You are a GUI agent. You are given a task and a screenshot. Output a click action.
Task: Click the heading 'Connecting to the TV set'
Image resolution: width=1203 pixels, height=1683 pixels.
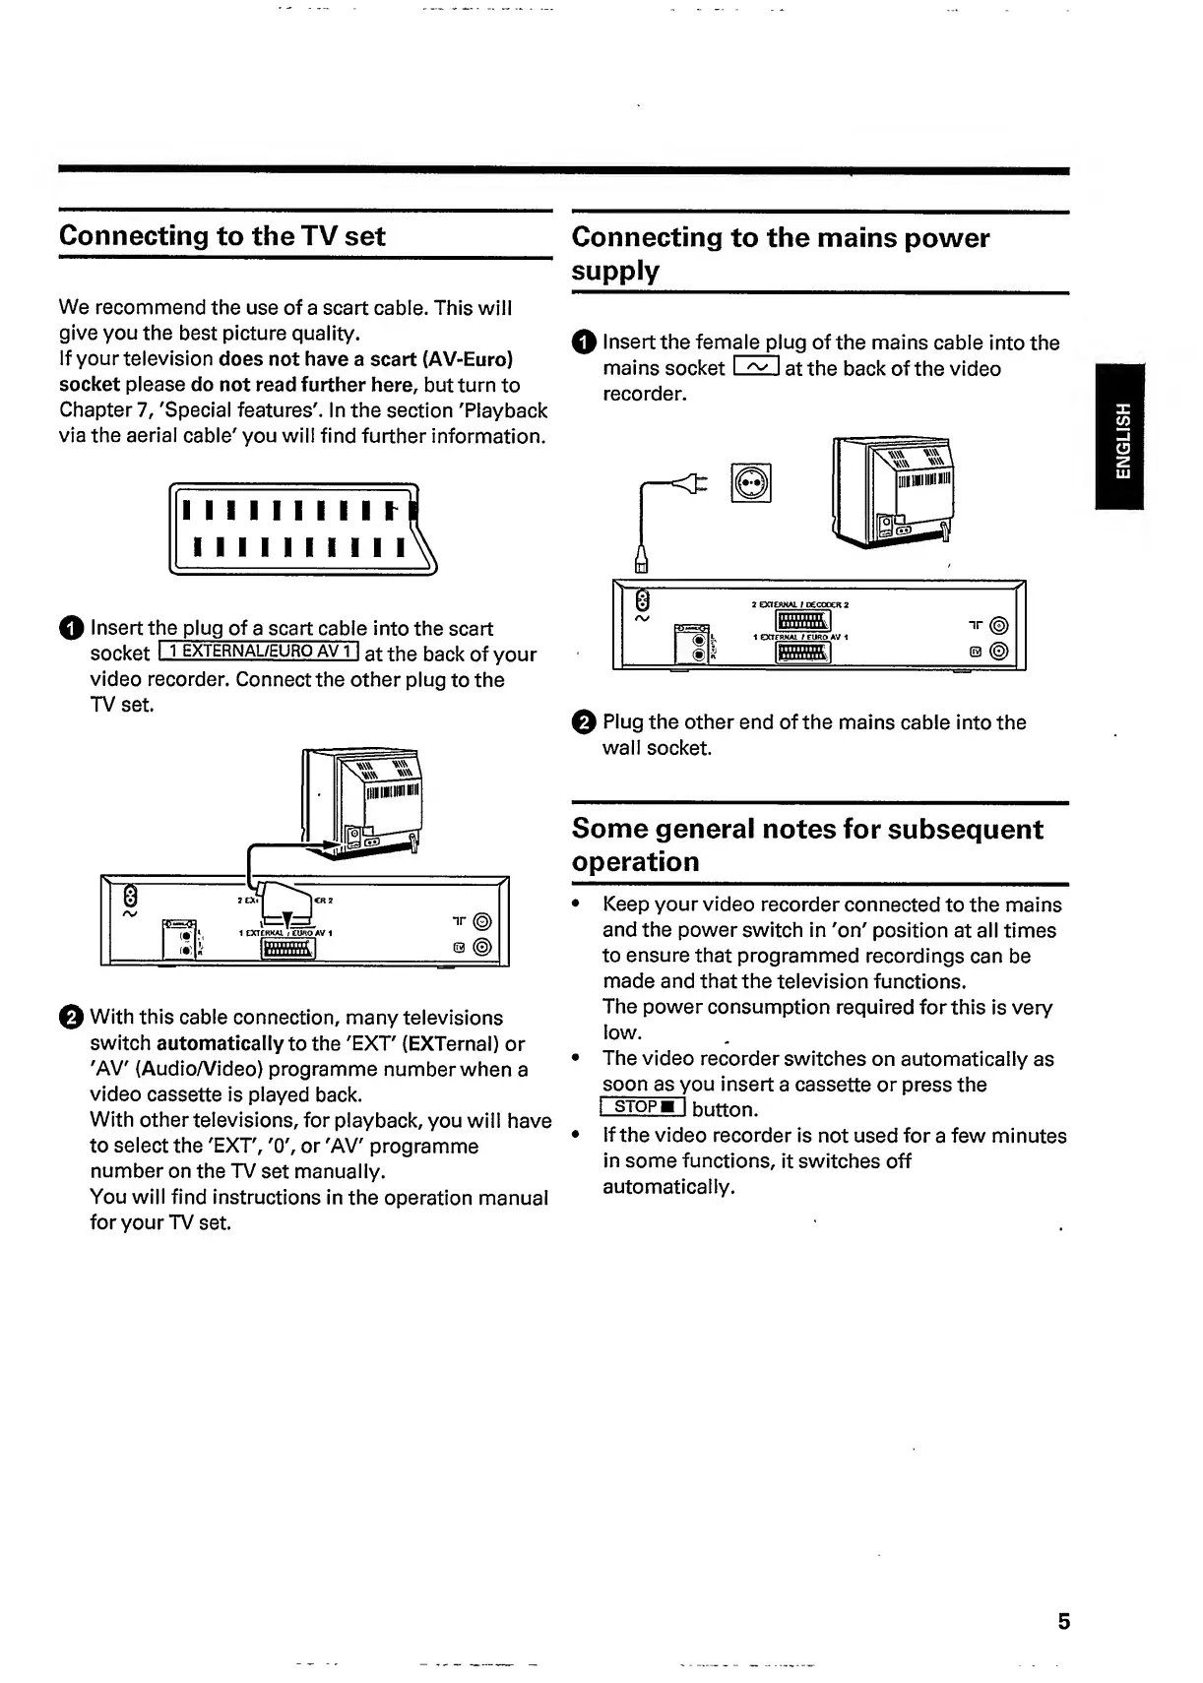(222, 236)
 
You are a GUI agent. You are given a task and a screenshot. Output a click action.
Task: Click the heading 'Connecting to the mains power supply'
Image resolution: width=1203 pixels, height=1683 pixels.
(780, 253)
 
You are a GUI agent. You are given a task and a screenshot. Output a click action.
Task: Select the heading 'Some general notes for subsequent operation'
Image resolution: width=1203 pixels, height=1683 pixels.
(807, 844)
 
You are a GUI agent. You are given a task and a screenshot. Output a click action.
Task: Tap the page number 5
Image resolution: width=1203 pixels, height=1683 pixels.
(1063, 1622)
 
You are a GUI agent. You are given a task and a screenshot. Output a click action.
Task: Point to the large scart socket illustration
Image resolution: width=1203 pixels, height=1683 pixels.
(303, 530)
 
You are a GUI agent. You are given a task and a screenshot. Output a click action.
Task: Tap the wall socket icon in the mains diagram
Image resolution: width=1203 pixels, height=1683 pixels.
(751, 483)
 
